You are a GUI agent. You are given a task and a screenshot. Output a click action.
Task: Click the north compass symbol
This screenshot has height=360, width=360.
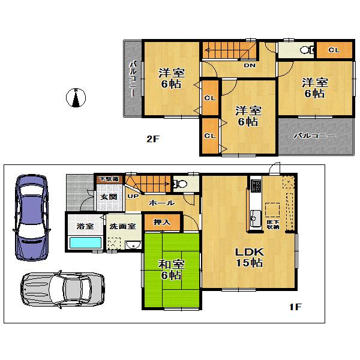click(x=76, y=98)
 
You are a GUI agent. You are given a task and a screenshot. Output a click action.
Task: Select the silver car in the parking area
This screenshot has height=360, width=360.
click(x=62, y=290)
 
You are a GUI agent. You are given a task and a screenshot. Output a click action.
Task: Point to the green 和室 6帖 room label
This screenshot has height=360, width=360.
click(x=172, y=270)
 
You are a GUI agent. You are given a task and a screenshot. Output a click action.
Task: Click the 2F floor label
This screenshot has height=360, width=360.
click(x=153, y=139)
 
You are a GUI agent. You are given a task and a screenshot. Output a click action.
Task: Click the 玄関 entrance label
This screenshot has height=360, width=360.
click(x=108, y=197)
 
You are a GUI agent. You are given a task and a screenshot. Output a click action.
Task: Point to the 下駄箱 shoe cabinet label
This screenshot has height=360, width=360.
click(x=109, y=179)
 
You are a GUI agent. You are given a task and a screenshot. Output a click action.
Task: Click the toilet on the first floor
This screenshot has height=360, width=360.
click(x=179, y=184)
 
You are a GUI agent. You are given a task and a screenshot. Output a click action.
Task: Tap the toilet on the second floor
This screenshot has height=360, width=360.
click(x=305, y=50)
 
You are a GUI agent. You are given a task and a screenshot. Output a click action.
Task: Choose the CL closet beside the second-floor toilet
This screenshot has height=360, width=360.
click(x=334, y=50)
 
